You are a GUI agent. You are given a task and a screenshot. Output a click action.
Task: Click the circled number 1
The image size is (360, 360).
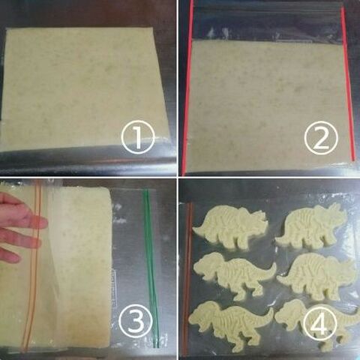138,137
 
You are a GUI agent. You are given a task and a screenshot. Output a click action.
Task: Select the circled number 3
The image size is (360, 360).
138,320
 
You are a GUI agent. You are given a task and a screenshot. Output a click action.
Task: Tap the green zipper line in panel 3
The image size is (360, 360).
150,270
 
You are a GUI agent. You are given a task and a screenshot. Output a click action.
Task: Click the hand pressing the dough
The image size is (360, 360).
19,225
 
